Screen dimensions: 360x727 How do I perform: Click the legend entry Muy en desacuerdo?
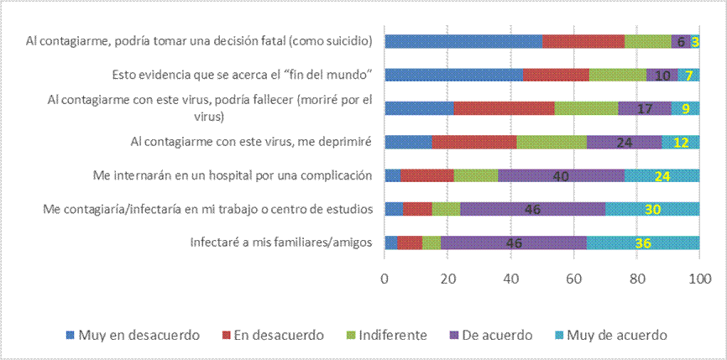(139, 335)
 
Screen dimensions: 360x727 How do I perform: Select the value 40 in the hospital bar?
(561, 175)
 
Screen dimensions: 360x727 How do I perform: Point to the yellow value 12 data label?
(681, 142)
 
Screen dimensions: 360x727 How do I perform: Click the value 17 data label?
(646, 108)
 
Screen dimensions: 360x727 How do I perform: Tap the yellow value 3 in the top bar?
(695, 41)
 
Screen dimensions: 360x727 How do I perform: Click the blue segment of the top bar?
(463, 41)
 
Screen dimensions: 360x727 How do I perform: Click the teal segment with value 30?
(652, 209)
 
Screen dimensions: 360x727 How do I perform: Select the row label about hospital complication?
(232, 176)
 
